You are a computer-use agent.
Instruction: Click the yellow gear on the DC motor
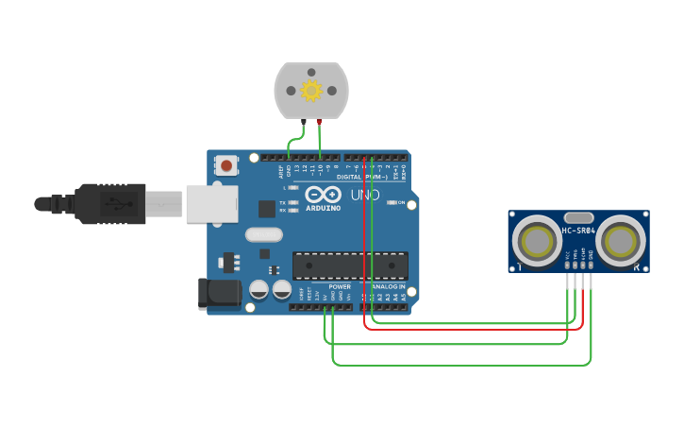(x=311, y=91)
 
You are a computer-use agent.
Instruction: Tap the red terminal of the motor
(x=320, y=121)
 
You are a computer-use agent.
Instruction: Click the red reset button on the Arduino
(x=226, y=164)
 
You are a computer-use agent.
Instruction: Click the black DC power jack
(x=219, y=294)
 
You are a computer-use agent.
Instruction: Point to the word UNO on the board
(x=365, y=195)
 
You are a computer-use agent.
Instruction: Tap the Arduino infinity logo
(x=324, y=195)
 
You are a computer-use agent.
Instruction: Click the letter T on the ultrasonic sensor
(x=519, y=267)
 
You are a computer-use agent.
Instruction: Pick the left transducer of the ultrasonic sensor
(x=538, y=241)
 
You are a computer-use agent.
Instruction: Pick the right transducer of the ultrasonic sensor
(x=622, y=241)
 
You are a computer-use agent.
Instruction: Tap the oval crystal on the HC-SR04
(x=579, y=217)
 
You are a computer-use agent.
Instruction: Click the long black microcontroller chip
(x=350, y=265)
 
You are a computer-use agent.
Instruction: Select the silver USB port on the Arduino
(x=209, y=203)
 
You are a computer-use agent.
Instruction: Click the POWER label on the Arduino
(x=340, y=286)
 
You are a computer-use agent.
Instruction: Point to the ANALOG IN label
(x=389, y=286)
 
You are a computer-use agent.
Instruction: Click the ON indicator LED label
(x=401, y=202)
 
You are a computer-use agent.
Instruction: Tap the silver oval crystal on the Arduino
(x=263, y=234)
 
